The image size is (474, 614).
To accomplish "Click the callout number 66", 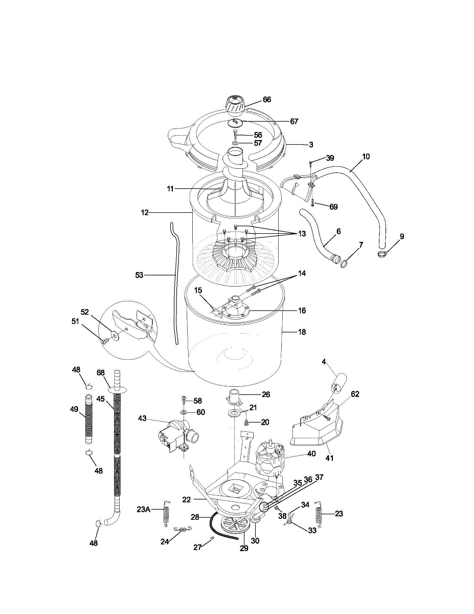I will tap(267, 99).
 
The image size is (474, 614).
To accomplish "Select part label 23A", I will tap(144, 509).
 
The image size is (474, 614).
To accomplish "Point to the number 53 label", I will tap(139, 275).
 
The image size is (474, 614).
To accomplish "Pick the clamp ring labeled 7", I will tap(345, 263).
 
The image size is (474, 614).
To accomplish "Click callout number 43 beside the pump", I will tap(142, 419).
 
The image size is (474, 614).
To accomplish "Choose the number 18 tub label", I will tap(302, 332).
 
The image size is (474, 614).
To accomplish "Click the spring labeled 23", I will tap(319, 513).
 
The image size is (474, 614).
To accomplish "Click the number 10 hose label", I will tap(366, 156).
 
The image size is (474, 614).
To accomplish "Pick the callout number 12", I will tap(145, 212).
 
